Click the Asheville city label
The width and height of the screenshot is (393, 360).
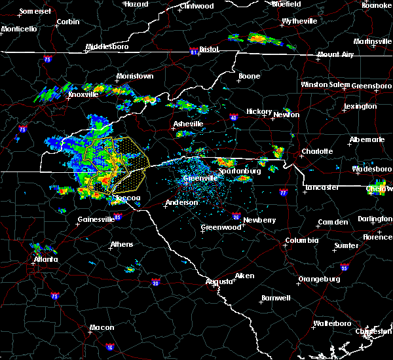[188, 124]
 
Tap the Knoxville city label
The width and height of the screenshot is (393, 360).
[83, 94]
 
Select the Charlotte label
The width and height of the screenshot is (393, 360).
[317, 151]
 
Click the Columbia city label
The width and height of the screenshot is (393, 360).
[301, 241]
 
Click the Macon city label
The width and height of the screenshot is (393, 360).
[102, 327]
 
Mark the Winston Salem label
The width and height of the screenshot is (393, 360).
[326, 85]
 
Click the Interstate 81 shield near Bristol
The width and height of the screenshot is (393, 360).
[194, 50]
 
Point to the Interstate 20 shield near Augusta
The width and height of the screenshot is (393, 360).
[155, 283]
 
